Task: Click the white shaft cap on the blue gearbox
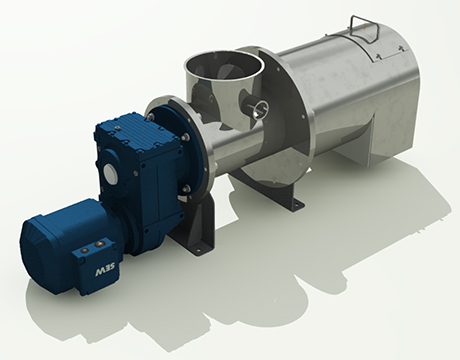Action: pyautogui.click(x=109, y=172)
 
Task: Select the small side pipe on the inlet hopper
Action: pyautogui.click(x=257, y=106)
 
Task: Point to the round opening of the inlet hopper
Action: pyautogui.click(x=224, y=65)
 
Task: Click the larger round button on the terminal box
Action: pyautogui.click(x=100, y=245)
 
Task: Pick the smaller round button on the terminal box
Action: pyautogui.click(x=86, y=250)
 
